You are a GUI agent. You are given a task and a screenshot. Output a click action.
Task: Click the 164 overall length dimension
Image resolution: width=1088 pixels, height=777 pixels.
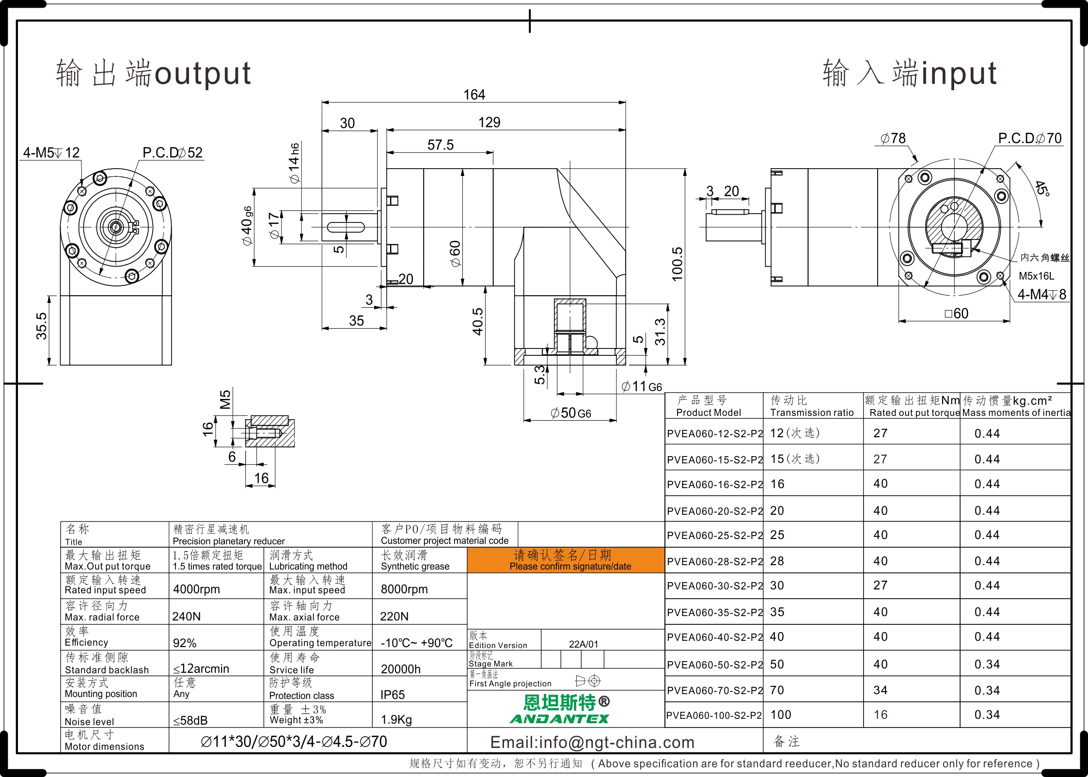coord(474,95)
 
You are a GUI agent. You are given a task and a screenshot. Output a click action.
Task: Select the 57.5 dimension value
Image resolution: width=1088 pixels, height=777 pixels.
coord(441,145)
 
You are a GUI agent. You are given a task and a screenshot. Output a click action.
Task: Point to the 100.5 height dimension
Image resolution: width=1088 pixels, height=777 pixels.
coord(677,264)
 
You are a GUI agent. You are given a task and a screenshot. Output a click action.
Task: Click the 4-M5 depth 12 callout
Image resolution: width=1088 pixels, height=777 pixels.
coord(51,153)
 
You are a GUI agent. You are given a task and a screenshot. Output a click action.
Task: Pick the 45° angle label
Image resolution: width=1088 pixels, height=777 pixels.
coord(1042,188)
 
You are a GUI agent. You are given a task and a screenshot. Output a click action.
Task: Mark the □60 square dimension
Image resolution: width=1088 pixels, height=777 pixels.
coord(957,314)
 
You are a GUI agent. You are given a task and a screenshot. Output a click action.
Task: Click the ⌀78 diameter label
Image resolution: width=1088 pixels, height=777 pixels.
coord(893,139)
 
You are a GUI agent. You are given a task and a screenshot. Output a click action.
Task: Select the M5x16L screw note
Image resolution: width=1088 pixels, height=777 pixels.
coord(1037,276)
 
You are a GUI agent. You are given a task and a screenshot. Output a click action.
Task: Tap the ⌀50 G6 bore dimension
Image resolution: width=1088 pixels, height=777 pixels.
coord(570,413)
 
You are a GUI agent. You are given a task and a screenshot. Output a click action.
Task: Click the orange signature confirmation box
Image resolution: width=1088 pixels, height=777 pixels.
coord(566,560)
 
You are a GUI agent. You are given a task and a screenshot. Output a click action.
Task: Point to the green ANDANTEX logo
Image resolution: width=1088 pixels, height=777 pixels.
coord(559,718)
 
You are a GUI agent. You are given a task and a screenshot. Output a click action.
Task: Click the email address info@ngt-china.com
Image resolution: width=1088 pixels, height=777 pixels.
coord(592,742)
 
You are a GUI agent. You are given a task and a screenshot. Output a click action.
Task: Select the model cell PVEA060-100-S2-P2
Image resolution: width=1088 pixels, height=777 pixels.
coord(714,715)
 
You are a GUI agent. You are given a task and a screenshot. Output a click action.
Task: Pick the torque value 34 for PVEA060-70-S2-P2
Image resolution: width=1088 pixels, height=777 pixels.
coord(881,690)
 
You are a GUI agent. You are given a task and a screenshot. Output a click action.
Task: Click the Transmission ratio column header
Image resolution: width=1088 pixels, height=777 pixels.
coord(812,412)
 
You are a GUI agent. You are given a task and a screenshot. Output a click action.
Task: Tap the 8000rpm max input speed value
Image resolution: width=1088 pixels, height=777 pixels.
coord(404,589)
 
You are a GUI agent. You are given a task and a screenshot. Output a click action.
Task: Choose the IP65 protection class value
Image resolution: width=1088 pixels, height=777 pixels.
coord(393,695)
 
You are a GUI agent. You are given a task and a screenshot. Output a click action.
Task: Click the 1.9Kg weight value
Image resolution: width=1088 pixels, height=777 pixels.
coord(396,720)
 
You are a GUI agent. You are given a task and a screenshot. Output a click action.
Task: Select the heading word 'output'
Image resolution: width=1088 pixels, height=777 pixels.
coord(203,74)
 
